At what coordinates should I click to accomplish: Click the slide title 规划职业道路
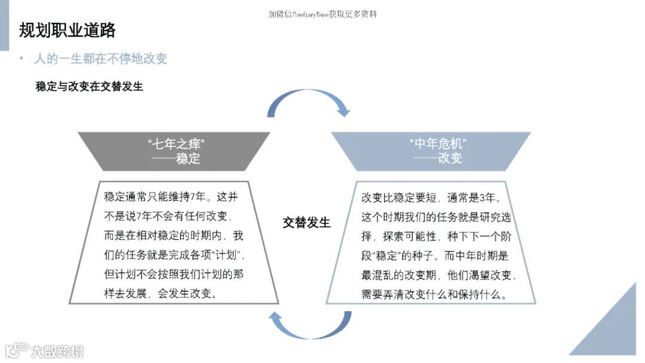(x=67, y=30)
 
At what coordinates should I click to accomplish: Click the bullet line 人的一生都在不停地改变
(x=100, y=59)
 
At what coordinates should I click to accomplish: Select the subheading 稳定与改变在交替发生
(x=90, y=87)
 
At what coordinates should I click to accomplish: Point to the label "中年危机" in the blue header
(x=438, y=144)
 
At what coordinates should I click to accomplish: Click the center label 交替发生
(x=306, y=223)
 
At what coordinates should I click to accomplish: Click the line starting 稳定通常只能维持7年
(x=171, y=197)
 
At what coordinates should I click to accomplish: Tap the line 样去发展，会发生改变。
(x=161, y=294)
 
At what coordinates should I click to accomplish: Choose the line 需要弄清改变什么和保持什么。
(x=434, y=294)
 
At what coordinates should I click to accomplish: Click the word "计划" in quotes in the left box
(x=229, y=256)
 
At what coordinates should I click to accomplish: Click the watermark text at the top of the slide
(x=322, y=14)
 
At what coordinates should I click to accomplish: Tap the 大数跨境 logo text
(x=58, y=351)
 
